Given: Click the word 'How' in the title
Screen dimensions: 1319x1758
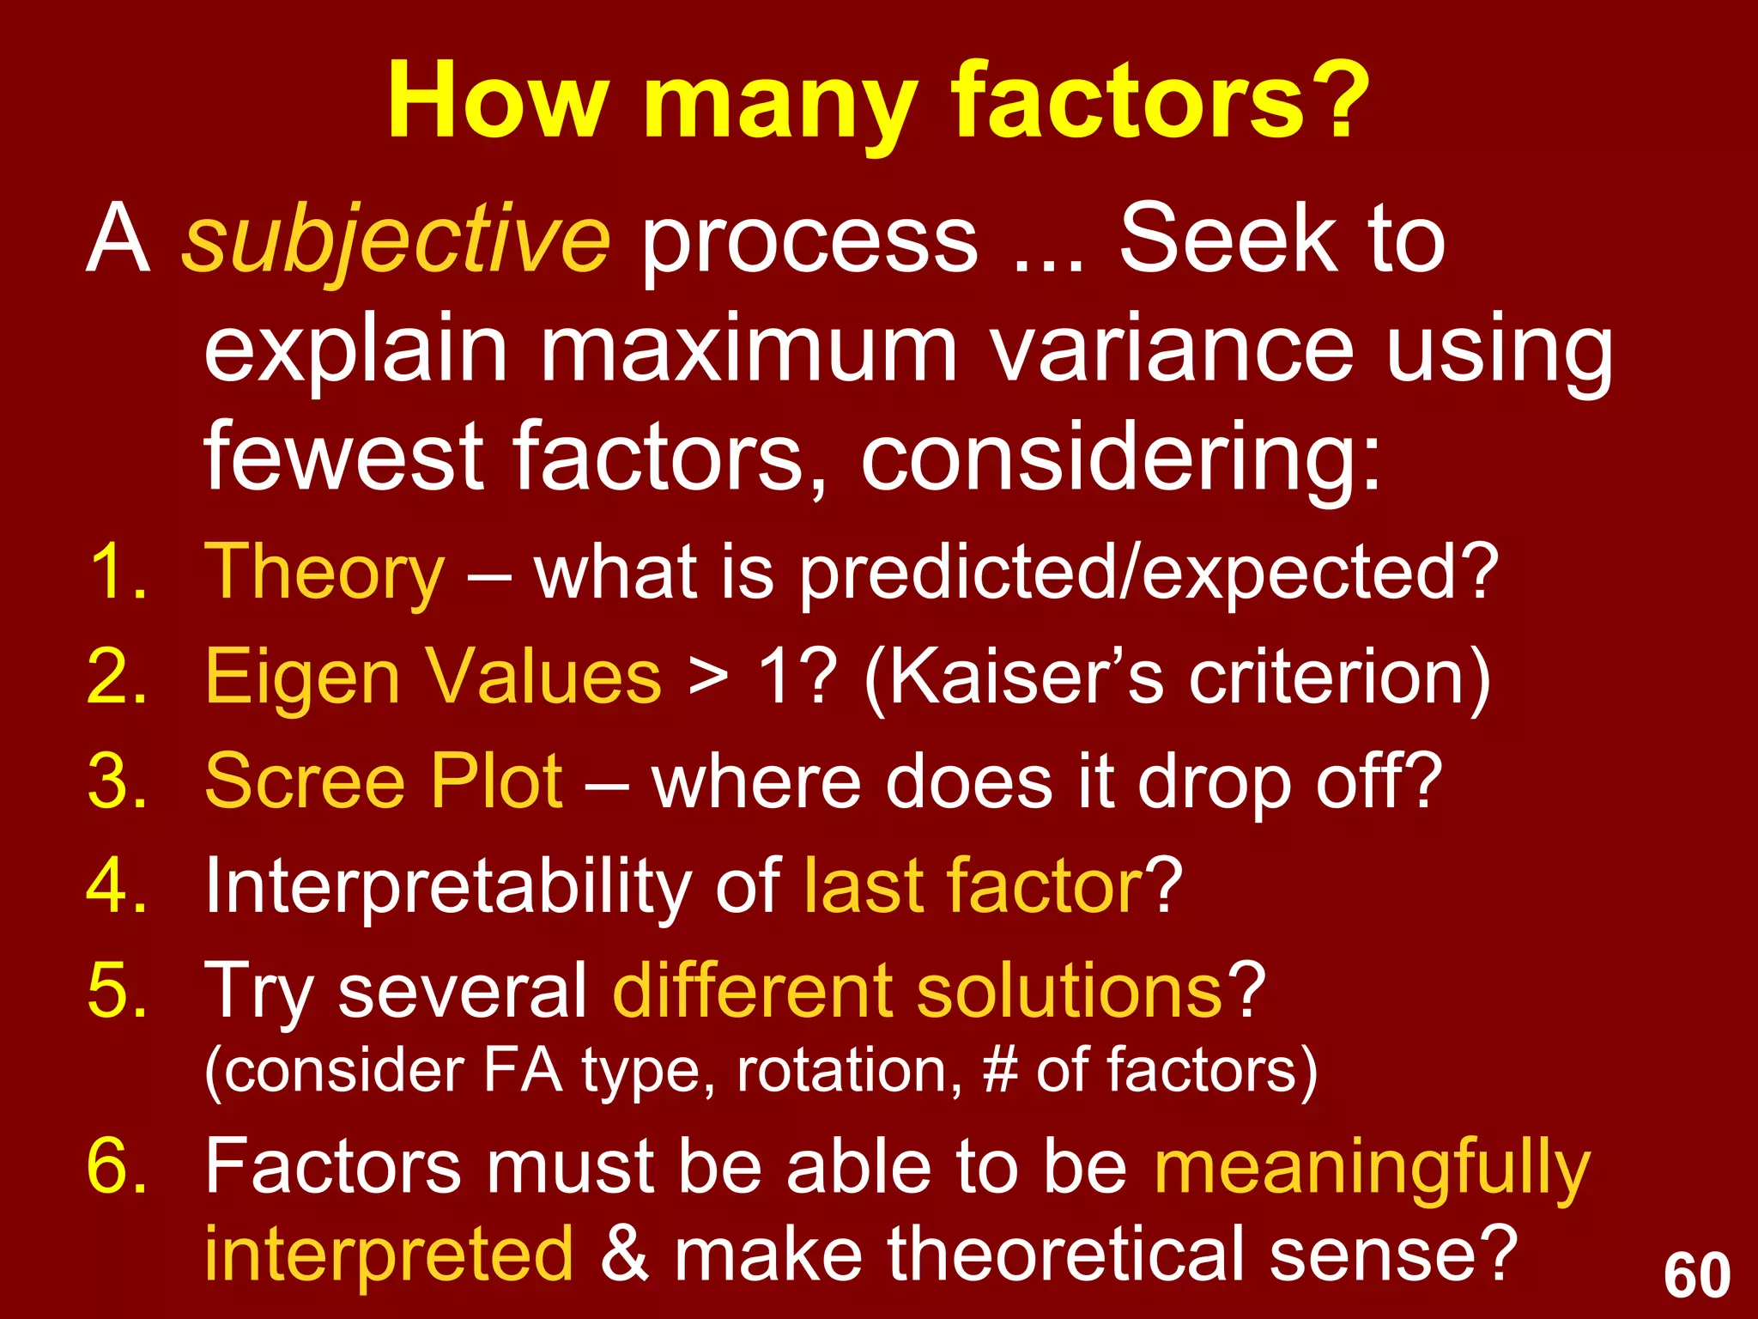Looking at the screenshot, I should (497, 101).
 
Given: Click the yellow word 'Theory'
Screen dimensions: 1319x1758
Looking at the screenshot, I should (324, 573).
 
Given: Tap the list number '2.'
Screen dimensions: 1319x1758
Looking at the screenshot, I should (118, 678).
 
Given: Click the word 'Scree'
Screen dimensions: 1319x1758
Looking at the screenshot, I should (304, 781).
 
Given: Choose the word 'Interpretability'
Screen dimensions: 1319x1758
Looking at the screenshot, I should (447, 888).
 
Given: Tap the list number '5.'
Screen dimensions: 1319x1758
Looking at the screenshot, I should (118, 991).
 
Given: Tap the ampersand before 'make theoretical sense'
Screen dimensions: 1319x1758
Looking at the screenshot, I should (623, 1255).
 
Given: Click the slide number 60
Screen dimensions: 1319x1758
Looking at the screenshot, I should (1696, 1276).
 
